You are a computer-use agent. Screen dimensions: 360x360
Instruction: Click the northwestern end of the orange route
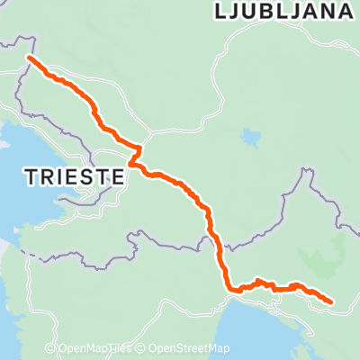pos(29,58)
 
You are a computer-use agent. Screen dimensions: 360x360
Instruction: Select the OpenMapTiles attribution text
pos(101,349)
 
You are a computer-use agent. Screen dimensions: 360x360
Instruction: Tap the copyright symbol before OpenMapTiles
pos(63,349)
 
